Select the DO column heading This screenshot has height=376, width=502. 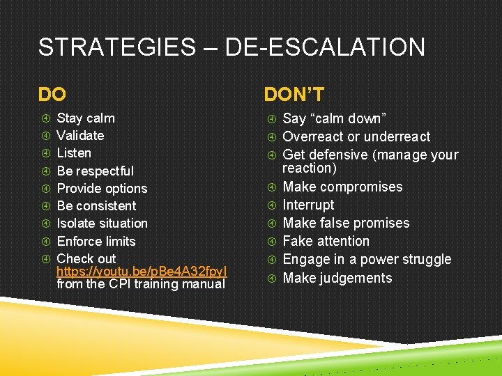(x=53, y=94)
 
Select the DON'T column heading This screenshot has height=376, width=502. (x=294, y=94)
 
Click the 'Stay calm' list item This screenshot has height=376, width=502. (x=86, y=118)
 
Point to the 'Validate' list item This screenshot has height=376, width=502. (x=80, y=136)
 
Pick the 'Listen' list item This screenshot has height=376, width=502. (x=74, y=153)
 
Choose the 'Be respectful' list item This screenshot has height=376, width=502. (x=95, y=171)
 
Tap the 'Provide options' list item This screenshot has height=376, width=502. (x=102, y=189)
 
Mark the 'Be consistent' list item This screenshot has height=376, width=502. (x=96, y=206)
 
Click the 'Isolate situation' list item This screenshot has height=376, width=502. (x=102, y=224)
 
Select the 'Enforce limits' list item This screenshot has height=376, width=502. (x=96, y=242)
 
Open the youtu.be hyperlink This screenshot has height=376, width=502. (x=142, y=271)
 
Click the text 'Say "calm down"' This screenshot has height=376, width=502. (x=334, y=118)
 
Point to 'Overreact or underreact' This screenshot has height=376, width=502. (x=356, y=136)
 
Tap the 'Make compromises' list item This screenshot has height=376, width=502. (x=342, y=187)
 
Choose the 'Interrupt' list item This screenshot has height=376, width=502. (x=308, y=205)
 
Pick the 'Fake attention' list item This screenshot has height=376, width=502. (x=326, y=241)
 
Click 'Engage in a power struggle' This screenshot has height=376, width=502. (x=367, y=259)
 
